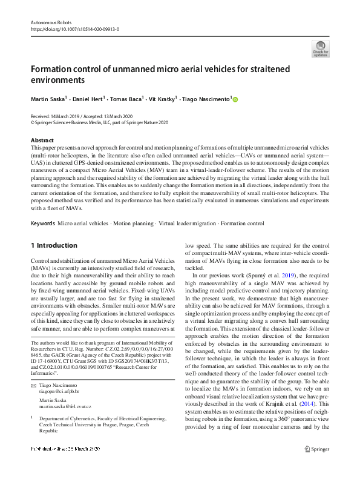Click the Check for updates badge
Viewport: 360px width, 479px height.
pyautogui.click(x=321, y=48)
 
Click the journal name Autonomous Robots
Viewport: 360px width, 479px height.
pyautogui.click(x=48, y=21)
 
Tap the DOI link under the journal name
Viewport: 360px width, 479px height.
pyautogui.click(x=74, y=28)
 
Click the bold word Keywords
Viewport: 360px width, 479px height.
pyautogui.click(x=43, y=224)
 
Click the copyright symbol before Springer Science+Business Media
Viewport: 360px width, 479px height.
pyautogui.click(x=33, y=121)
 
